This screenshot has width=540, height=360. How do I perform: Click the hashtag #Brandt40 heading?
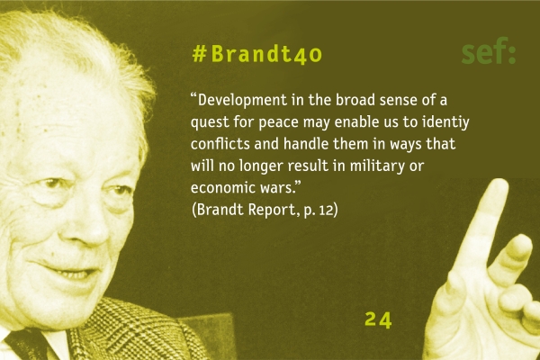click(257, 54)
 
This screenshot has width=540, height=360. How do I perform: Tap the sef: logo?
click(489, 51)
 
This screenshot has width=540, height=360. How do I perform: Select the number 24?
click(378, 319)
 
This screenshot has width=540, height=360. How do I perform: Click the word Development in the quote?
click(242, 100)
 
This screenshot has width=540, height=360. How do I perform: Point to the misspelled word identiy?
click(446, 122)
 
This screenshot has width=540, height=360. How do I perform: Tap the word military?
click(377, 166)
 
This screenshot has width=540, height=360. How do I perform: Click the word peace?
click(278, 123)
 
